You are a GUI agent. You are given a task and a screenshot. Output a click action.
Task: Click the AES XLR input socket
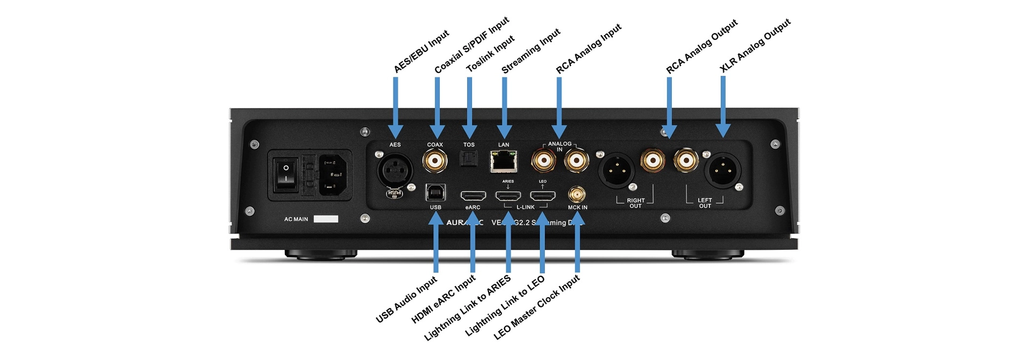point(395,171)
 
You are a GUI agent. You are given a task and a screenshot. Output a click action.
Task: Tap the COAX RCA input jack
point(435,160)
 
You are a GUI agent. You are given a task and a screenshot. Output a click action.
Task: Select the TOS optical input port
point(468,159)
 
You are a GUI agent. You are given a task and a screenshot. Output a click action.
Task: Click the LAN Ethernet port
point(504,161)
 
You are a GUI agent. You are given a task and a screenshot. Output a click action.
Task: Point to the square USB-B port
point(435,192)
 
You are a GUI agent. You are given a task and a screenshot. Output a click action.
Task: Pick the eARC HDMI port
point(473,196)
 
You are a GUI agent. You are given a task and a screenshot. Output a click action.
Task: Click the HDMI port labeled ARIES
point(508,196)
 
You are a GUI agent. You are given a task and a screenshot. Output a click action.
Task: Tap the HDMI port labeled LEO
point(542,196)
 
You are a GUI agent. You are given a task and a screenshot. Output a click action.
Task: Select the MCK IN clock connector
point(577,195)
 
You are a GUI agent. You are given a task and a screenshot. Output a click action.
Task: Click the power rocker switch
point(285,174)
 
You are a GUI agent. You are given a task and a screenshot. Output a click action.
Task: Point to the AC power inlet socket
point(333,175)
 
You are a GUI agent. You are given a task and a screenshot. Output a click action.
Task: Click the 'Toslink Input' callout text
point(490,54)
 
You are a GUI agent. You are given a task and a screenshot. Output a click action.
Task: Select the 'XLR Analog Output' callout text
point(755,45)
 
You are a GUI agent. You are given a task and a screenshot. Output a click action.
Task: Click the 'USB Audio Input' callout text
point(406,299)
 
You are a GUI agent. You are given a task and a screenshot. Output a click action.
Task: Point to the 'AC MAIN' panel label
point(296,219)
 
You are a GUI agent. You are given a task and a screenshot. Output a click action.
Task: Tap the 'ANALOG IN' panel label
point(560,146)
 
